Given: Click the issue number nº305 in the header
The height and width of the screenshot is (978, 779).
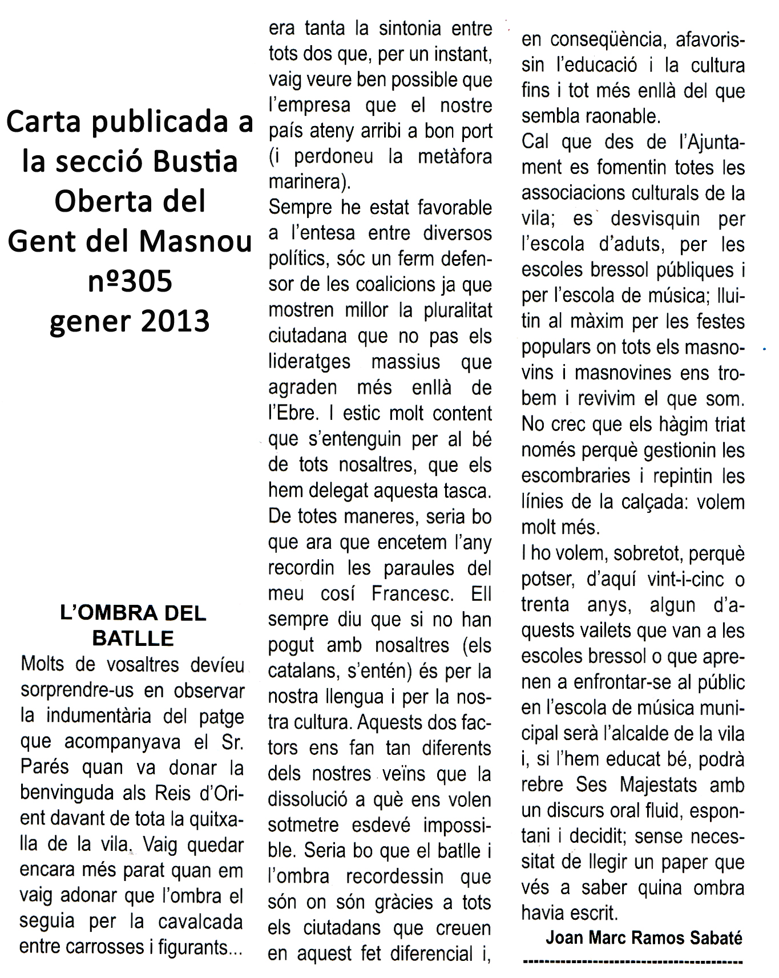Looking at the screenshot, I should point(130,281).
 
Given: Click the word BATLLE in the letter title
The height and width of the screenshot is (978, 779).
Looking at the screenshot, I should point(133,638).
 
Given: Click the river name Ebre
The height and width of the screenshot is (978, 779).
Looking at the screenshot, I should point(293,413).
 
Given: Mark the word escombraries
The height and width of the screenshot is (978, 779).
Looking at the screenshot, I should point(576,476).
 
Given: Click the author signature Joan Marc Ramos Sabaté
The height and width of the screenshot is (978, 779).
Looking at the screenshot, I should point(644,938).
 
